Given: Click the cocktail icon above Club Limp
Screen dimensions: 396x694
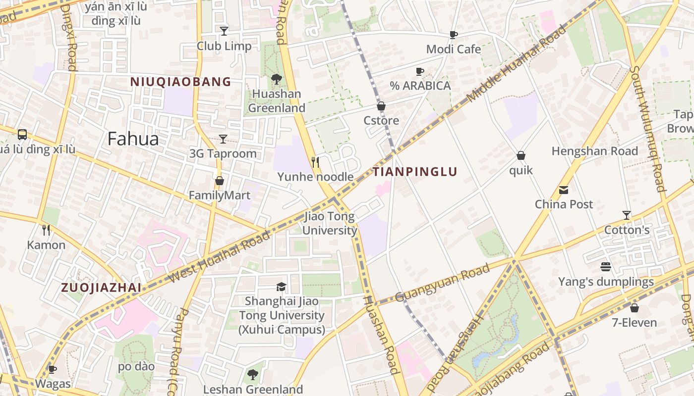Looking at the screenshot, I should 224,31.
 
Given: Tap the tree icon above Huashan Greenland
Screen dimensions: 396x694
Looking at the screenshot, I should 277,79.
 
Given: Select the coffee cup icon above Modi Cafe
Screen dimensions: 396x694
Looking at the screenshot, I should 453,34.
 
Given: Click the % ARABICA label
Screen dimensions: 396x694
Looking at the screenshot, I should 420,86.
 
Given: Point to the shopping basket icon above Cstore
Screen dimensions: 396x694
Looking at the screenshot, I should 381,106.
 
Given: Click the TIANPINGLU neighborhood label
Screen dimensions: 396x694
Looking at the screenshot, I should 415,172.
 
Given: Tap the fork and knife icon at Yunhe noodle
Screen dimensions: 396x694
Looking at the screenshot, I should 315,162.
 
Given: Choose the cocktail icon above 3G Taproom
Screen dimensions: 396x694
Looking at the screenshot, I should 223,139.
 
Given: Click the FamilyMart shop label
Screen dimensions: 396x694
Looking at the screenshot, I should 220,196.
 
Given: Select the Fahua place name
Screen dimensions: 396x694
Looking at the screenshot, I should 133,139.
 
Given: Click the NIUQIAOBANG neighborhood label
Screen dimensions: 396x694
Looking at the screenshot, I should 181,82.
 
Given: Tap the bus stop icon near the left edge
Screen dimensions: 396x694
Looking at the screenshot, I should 22,134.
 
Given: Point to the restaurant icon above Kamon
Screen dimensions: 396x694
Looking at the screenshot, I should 46,230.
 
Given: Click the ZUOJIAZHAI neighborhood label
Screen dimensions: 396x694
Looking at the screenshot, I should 101,288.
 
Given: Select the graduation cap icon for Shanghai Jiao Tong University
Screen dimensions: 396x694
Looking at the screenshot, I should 281,287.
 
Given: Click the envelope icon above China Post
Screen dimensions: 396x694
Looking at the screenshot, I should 564,190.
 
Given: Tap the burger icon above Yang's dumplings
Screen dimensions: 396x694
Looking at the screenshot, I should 605,267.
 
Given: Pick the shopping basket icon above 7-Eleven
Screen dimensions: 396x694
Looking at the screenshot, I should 634,308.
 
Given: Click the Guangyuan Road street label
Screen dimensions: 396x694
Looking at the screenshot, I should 443,283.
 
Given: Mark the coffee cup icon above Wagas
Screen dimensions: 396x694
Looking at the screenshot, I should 52,369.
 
